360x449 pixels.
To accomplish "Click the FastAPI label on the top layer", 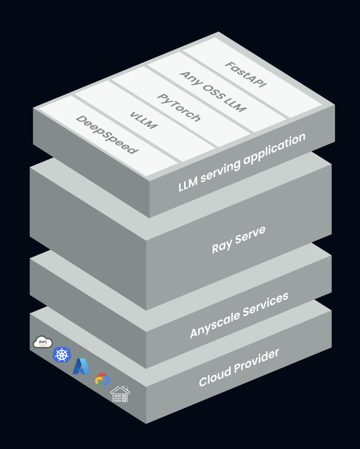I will coord(245,74).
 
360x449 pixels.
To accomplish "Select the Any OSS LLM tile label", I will coord(213,92).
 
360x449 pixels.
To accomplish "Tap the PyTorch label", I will coord(178,107).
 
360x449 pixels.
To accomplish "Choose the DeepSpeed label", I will coord(107,134).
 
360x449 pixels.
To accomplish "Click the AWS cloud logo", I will coord(43,342).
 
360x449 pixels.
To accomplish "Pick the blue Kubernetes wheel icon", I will coord(62,354).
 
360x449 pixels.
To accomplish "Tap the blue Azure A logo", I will coord(81,366).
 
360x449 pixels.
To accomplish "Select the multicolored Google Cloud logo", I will coord(102,379).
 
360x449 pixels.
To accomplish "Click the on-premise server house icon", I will coord(120,394).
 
